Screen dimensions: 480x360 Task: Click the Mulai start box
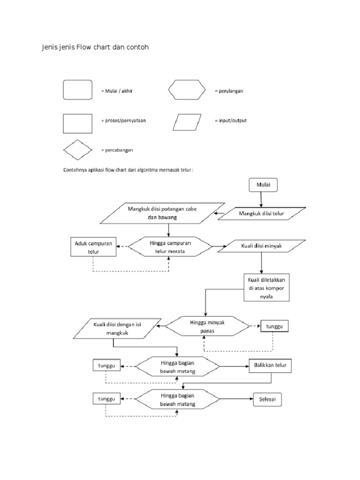(263, 185)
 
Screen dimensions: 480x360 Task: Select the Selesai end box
(268, 399)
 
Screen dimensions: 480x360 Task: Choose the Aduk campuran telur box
(93, 247)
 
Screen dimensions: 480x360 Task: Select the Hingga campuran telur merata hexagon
(170, 247)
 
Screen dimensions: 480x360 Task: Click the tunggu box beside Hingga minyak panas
(275, 326)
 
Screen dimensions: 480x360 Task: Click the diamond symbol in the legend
(77, 150)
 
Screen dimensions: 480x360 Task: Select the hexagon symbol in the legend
(187, 90)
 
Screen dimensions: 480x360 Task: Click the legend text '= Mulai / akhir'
(117, 90)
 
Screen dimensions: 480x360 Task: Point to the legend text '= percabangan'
(117, 150)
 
